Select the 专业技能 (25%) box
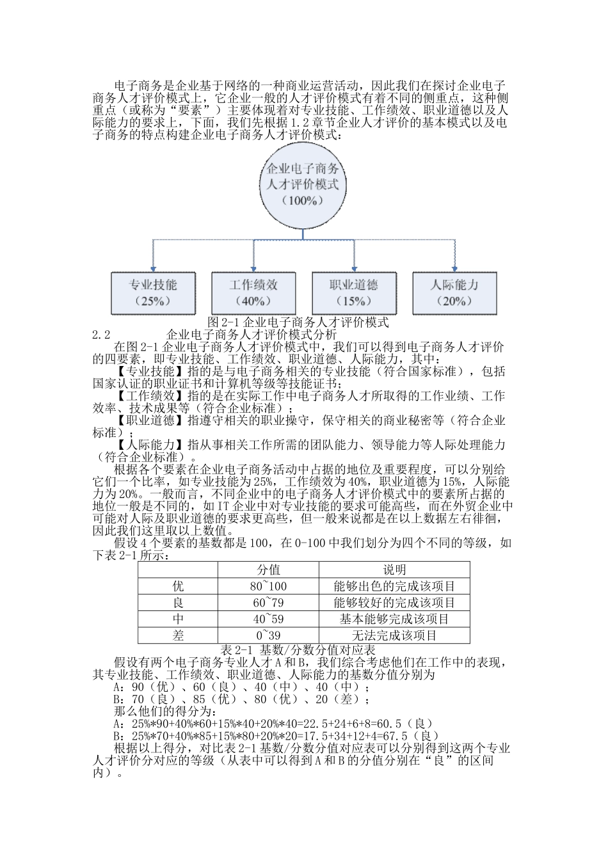pyautogui.click(x=154, y=292)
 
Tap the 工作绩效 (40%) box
pyautogui.click(x=253, y=292)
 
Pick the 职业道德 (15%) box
pyautogui.click(x=354, y=292)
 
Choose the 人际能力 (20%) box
pyautogui.click(x=454, y=292)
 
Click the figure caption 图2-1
pyautogui.click(x=299, y=322)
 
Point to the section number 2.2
pyautogui.click(x=102, y=334)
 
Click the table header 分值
pyautogui.click(x=268, y=569)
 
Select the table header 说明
pyautogui.click(x=394, y=569)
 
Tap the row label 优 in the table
pyautogui.click(x=178, y=586)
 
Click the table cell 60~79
pyautogui.click(x=268, y=603)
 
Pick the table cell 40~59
pyautogui.click(x=268, y=619)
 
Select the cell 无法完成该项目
pyautogui.click(x=394, y=635)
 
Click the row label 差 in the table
pyautogui.click(x=178, y=635)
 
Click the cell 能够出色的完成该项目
pyautogui.click(x=394, y=586)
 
